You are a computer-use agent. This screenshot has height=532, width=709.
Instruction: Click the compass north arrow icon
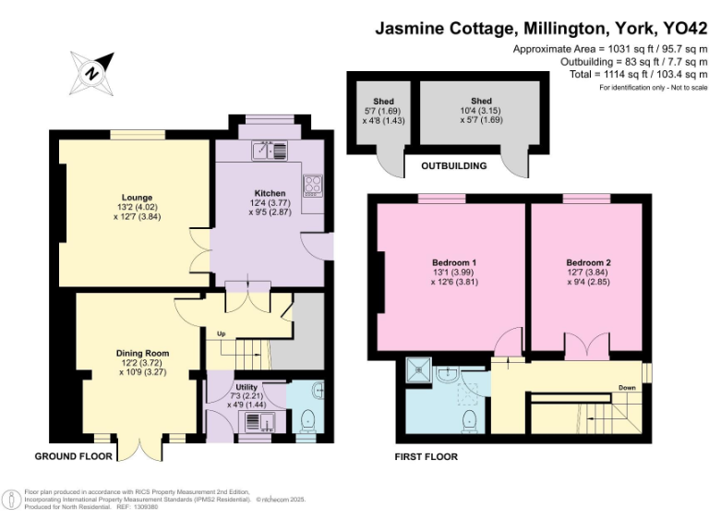(x=91, y=71)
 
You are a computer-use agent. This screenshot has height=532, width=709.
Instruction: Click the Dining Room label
(x=142, y=353)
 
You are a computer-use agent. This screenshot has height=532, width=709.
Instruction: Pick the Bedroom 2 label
(x=588, y=262)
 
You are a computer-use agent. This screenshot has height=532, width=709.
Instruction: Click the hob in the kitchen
(x=313, y=184)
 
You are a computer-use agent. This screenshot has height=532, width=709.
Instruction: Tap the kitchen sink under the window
(x=271, y=149)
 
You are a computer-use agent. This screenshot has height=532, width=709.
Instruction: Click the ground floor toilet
(x=310, y=419)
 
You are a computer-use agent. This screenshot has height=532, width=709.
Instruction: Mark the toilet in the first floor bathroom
(x=470, y=420)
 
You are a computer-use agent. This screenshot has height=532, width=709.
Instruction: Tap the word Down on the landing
(x=627, y=388)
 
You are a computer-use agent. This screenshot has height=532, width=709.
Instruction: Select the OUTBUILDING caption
(x=454, y=166)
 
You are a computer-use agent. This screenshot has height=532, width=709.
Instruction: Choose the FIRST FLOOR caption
(x=426, y=456)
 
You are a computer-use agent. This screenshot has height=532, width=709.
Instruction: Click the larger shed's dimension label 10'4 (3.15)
(x=481, y=111)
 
